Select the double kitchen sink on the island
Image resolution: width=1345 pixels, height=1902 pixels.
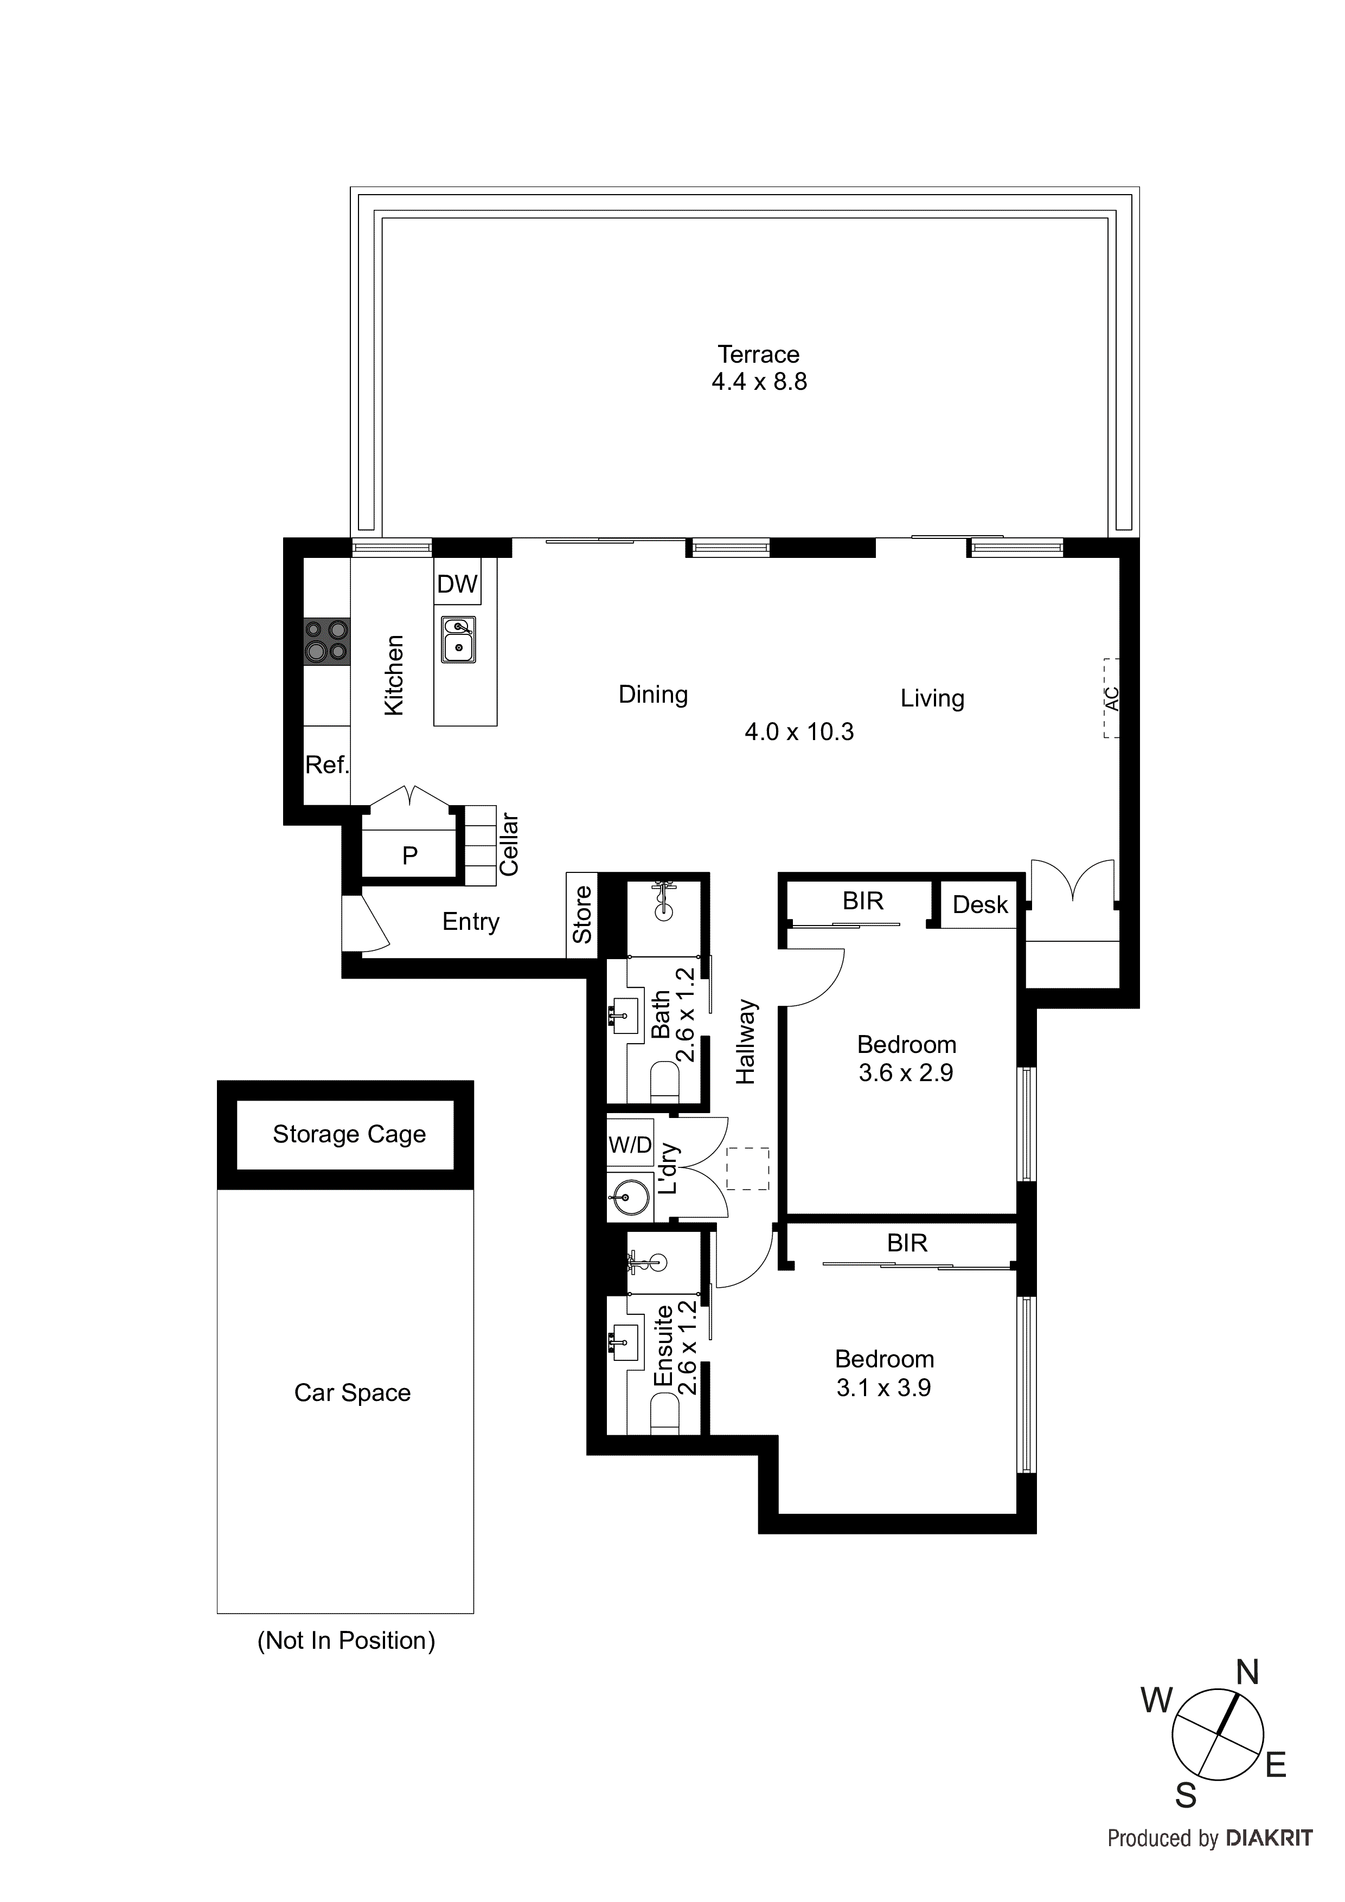[x=458, y=640]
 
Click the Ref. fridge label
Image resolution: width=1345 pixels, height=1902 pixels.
[x=326, y=764]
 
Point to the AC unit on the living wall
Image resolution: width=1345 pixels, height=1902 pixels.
[x=1111, y=698]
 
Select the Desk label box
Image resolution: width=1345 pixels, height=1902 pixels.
[x=979, y=904]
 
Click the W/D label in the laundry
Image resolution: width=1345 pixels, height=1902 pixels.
[x=630, y=1145]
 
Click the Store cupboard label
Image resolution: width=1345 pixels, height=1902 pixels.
[x=582, y=915]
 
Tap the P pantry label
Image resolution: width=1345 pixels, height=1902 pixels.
[x=409, y=856]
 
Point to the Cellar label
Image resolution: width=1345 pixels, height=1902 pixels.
[x=508, y=844]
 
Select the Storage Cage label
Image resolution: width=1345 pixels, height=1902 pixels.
[x=349, y=1134]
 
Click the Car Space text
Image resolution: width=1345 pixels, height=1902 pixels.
[x=352, y=1392]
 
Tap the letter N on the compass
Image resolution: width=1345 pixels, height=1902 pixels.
[x=1247, y=1673]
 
